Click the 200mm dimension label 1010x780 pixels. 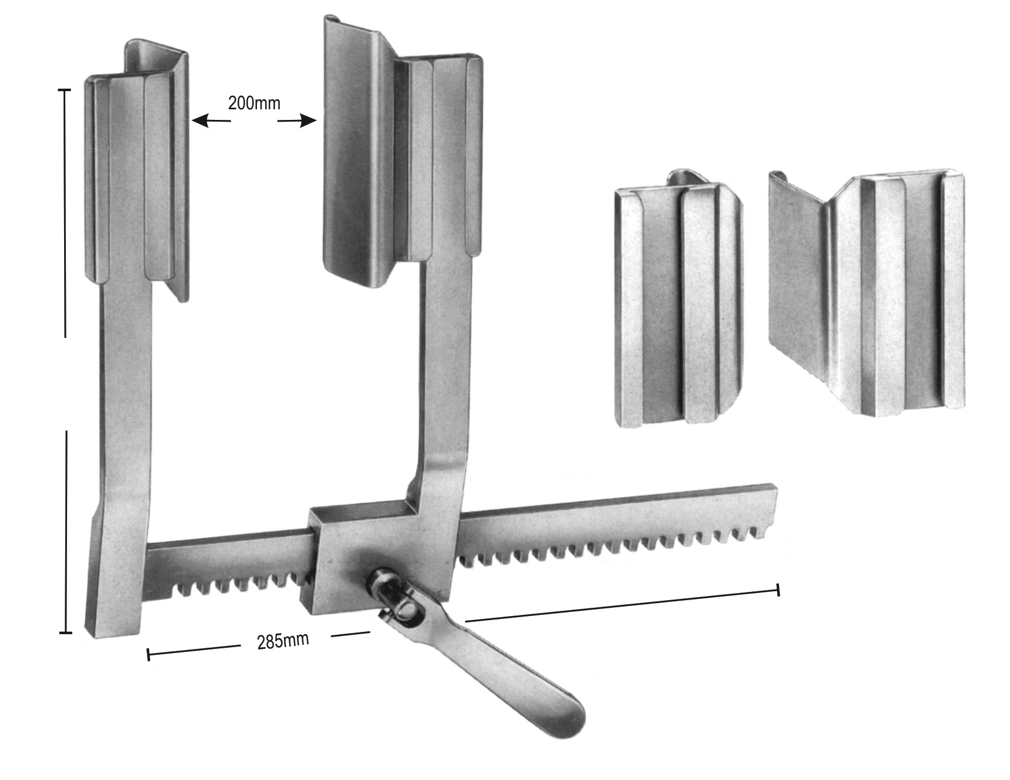(254, 103)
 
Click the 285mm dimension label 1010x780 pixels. (283, 641)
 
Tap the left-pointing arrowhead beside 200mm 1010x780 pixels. (200, 121)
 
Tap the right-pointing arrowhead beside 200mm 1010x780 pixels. (308, 122)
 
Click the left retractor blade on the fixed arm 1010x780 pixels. (138, 170)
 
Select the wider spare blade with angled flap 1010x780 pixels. (867, 294)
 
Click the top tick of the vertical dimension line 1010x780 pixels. (64, 90)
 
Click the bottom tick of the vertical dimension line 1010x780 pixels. (66, 633)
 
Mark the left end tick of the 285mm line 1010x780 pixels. (148, 654)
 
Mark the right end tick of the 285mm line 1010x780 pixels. (779, 590)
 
